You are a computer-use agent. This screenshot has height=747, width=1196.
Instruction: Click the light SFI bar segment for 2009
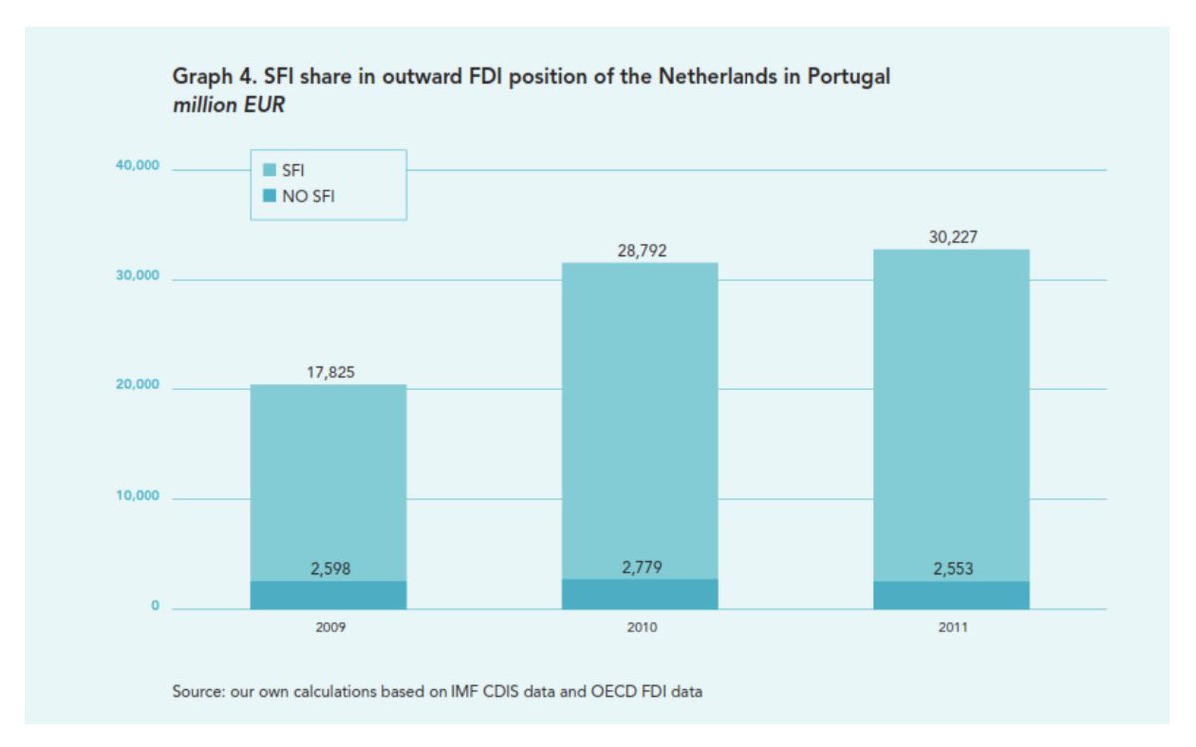point(328,478)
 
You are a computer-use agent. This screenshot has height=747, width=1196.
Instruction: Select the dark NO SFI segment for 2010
point(640,595)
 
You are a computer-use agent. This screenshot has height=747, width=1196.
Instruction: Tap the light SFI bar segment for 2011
point(951,418)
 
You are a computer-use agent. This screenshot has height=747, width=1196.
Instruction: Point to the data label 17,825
point(329,373)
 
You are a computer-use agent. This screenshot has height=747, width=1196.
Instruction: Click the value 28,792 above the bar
point(641,251)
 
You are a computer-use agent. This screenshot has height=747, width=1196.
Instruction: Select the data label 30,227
point(952,237)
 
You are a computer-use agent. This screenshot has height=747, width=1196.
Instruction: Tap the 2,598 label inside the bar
point(329,570)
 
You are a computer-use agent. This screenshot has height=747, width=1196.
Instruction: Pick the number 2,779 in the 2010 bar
point(641,568)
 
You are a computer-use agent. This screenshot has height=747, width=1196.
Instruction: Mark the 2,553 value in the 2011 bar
point(952,570)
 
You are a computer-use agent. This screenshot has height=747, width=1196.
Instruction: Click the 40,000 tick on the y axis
point(138,166)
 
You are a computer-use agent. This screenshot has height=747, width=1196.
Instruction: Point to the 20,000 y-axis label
point(138,385)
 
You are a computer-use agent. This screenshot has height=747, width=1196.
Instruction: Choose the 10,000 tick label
point(138,496)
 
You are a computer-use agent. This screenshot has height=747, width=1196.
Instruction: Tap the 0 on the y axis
point(155,606)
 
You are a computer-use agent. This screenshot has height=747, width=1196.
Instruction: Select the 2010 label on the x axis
point(641,629)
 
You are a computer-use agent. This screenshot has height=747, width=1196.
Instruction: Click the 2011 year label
point(952,629)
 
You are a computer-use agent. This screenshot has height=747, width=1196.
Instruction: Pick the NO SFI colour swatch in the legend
point(268,196)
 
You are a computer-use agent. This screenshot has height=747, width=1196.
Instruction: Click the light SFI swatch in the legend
point(268,171)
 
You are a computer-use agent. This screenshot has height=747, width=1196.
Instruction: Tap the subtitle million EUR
point(229,105)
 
